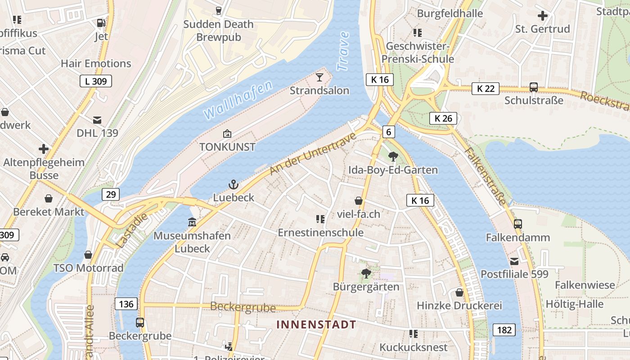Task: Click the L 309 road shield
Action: click(x=96, y=81)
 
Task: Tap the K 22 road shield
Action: click(x=486, y=89)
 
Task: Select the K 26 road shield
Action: click(x=443, y=118)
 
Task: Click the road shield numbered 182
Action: click(x=504, y=330)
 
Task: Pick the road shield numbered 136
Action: click(x=126, y=304)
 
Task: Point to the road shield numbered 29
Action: click(x=111, y=194)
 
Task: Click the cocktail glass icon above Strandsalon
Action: click(x=319, y=77)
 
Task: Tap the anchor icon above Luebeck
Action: click(x=233, y=184)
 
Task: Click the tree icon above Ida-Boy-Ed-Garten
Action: click(x=393, y=157)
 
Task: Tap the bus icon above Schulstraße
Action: click(x=534, y=87)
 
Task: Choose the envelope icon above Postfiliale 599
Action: click(x=514, y=261)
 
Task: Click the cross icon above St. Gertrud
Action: click(x=543, y=16)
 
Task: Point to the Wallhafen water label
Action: click(x=238, y=100)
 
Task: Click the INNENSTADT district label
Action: click(x=316, y=324)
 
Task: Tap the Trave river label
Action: click(x=343, y=51)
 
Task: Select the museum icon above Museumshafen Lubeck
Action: click(x=192, y=222)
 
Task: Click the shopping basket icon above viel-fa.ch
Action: click(x=359, y=201)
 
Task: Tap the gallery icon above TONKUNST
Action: click(x=227, y=134)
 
